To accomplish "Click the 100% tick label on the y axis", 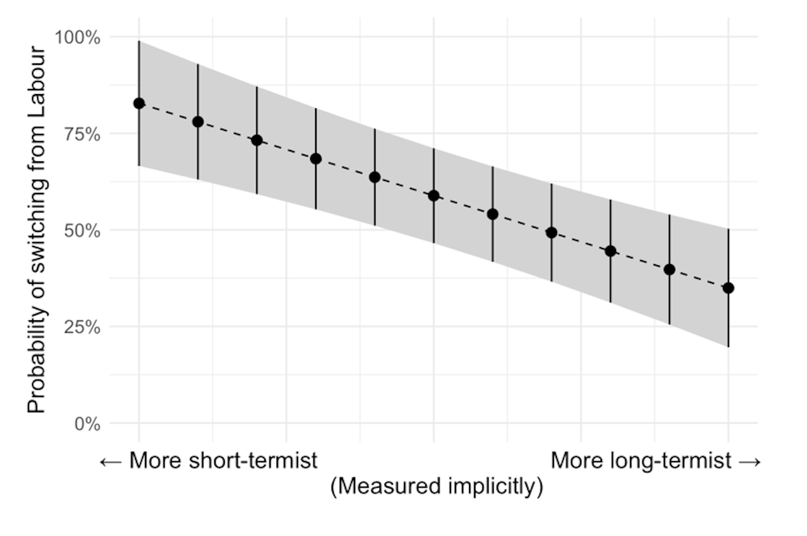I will point(78,38).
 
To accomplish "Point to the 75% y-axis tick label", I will point(82,135).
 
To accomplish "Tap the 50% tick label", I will point(82,231).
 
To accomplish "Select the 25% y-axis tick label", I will point(82,327).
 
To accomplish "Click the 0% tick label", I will point(87,424).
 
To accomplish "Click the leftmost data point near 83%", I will point(139,103).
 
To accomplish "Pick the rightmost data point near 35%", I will point(728,288).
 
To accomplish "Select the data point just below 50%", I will point(551,232).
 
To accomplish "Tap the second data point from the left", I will point(198,122).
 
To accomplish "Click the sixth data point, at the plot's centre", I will point(434,196).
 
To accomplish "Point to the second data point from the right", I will point(670,269).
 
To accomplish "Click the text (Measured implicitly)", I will point(437,486).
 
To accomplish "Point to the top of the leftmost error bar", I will point(139,42).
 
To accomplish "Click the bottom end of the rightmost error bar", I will point(728,346).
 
